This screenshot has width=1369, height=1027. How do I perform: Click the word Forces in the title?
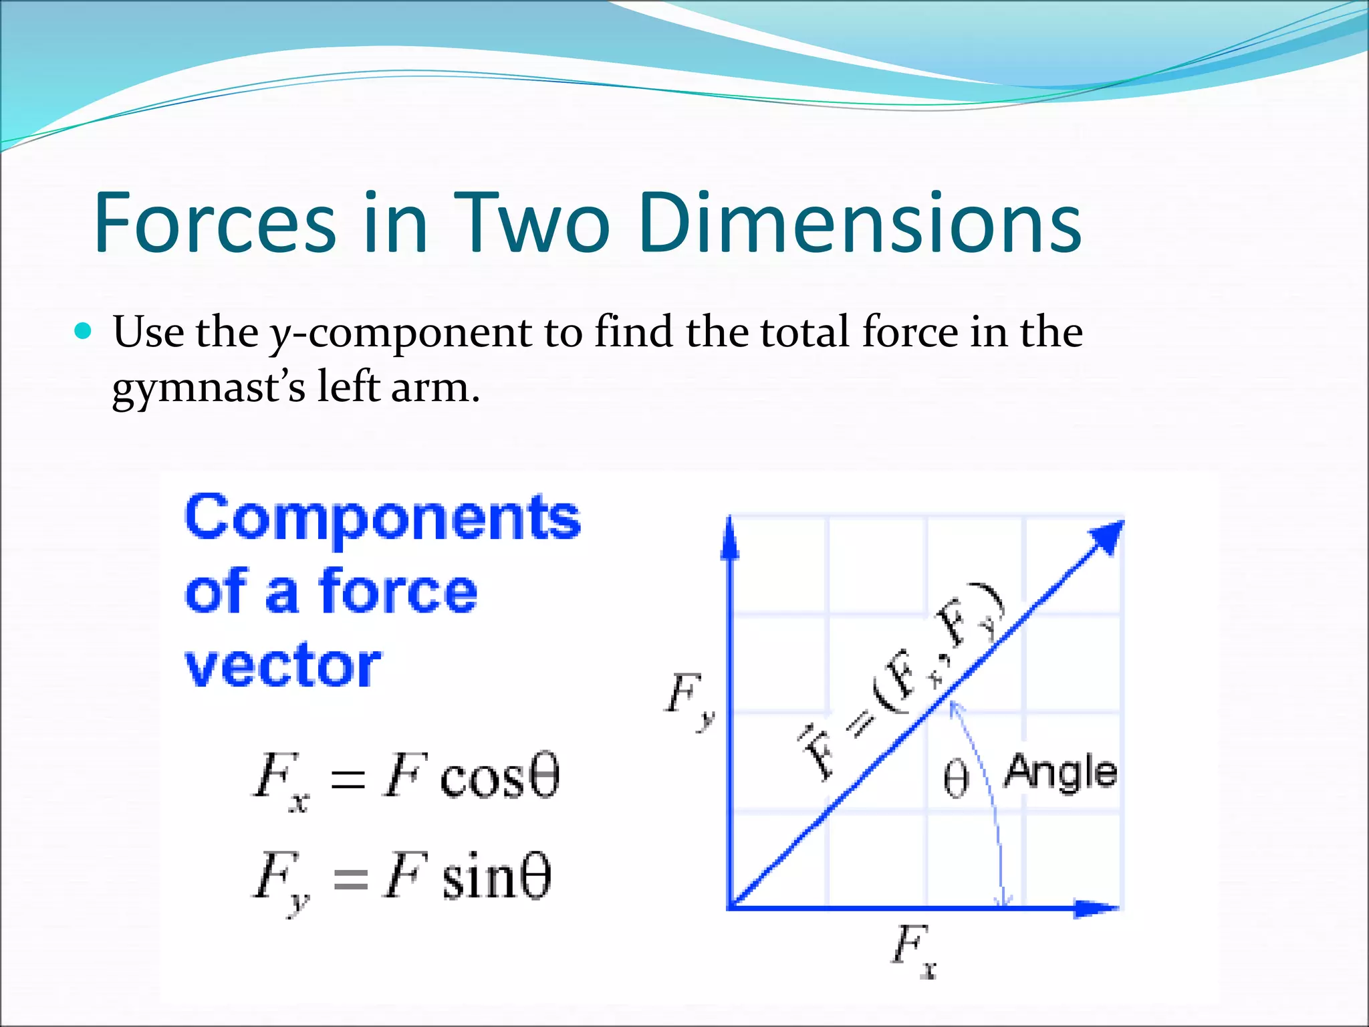214,223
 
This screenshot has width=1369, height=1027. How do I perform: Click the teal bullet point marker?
83,330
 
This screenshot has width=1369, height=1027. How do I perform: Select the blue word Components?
382,519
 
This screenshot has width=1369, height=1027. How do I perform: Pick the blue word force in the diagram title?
398,591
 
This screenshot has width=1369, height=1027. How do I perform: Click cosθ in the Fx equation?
499,778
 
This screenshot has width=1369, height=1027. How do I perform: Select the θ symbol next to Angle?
956,780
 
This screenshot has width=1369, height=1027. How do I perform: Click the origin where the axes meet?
731,907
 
